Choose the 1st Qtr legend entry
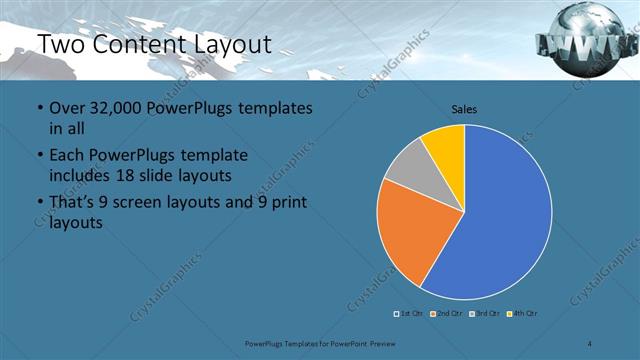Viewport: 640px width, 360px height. tap(409, 314)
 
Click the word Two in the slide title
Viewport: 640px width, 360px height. tap(61, 44)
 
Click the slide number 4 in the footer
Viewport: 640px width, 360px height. tap(590, 344)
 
